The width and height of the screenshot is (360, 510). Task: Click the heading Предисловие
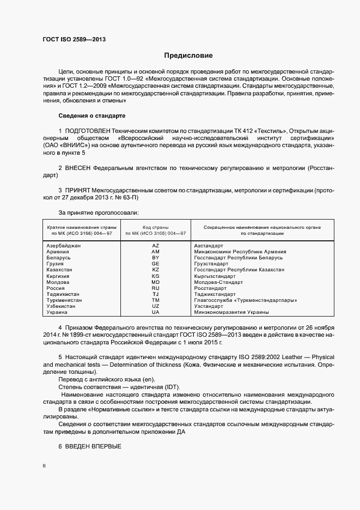(188, 56)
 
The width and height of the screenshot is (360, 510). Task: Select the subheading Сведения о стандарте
(92, 116)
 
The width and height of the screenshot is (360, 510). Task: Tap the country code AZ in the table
(155, 246)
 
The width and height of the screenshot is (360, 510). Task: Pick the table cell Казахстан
(59, 270)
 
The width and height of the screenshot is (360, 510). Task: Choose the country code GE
(155, 264)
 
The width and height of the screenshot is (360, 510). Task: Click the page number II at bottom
(44, 466)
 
